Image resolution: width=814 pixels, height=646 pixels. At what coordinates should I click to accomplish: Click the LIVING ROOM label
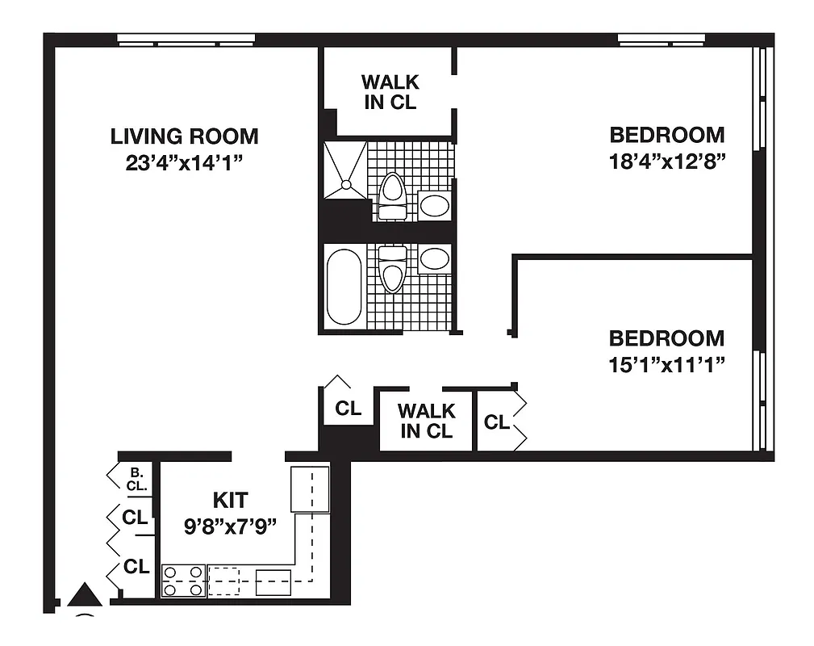[x=184, y=136]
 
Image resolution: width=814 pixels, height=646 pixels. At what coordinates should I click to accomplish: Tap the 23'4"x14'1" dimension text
[x=184, y=162]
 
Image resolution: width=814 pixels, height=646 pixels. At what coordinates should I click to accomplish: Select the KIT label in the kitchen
[x=230, y=499]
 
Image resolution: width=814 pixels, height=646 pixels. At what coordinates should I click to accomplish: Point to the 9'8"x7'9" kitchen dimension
[x=230, y=526]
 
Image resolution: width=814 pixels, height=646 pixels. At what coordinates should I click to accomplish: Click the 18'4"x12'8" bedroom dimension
[x=667, y=159]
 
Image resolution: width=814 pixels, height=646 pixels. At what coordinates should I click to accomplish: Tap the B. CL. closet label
[x=136, y=479]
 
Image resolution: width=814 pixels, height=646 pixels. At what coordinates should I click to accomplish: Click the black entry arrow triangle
[x=84, y=595]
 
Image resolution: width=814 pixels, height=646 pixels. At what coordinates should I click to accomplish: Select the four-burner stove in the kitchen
[x=184, y=581]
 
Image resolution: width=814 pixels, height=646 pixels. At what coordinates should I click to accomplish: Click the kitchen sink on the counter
[x=273, y=581]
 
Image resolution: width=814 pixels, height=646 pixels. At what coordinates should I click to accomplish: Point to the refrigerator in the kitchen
[x=310, y=489]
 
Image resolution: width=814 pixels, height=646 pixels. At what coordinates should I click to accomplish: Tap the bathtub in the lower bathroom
[x=344, y=286]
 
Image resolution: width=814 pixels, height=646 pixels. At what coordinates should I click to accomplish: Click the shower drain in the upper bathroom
[x=345, y=184]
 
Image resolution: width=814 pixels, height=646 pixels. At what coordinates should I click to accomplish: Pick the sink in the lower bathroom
[x=435, y=259]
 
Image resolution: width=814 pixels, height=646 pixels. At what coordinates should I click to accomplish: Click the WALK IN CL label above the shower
[x=390, y=92]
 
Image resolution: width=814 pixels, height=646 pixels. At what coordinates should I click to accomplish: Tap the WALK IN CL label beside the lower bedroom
[x=426, y=421]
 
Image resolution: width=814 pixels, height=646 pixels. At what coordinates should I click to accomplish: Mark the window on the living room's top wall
[x=186, y=39]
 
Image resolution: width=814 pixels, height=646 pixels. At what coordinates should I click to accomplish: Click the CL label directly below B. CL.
[x=135, y=517]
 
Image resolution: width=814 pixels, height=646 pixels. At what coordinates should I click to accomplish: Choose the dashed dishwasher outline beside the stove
[x=224, y=581]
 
